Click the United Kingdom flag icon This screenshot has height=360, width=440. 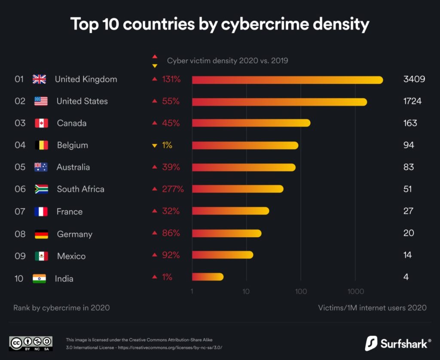tap(39, 79)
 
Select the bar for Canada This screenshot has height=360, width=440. tap(251, 123)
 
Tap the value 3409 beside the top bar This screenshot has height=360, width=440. tap(414, 79)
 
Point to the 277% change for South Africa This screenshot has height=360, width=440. tap(173, 189)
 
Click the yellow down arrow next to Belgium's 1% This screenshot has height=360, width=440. tap(154, 146)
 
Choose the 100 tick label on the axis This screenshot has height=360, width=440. tap(301, 292)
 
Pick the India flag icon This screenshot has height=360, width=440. tap(39, 278)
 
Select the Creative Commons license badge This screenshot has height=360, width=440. tap(31, 343)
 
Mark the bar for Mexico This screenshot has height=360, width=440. tap(222, 255)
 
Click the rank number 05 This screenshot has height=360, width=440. tap(20, 167)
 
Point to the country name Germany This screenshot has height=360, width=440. tap(75, 234)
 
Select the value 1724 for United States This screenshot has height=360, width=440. tap(412, 101)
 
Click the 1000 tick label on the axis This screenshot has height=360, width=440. tap(355, 292)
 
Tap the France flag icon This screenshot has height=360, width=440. tap(41, 211)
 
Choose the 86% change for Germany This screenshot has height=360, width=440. tap(171, 233)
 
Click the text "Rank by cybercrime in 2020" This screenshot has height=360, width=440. tap(61, 308)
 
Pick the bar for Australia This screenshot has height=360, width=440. tap(244, 167)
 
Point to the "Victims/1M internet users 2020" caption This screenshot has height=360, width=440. tap(372, 308)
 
